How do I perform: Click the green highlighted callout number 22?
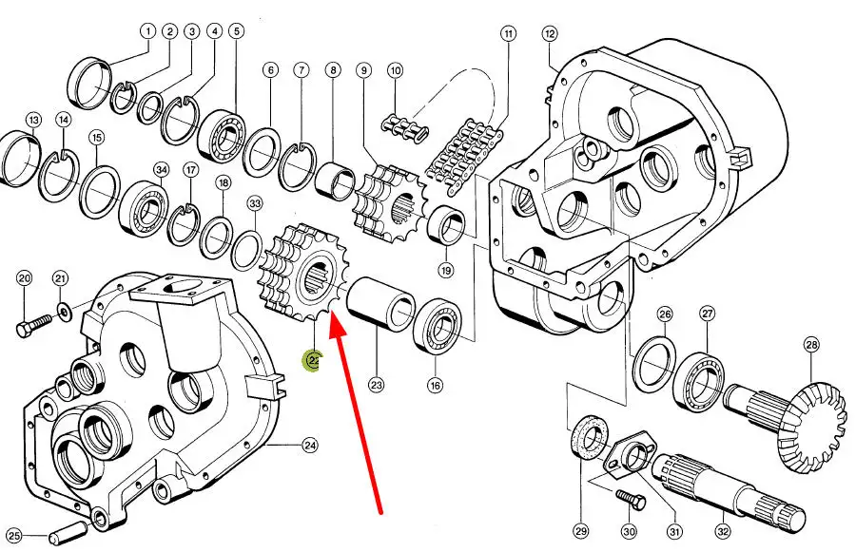point(313,360)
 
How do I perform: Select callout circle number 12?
point(550,34)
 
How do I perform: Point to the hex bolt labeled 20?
point(33,327)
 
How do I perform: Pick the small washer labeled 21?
point(65,313)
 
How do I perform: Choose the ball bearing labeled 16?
point(438,326)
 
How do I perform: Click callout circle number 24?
point(310,446)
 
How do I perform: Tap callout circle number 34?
point(162,170)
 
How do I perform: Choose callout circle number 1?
point(148,31)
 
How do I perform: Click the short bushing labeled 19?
point(445,226)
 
